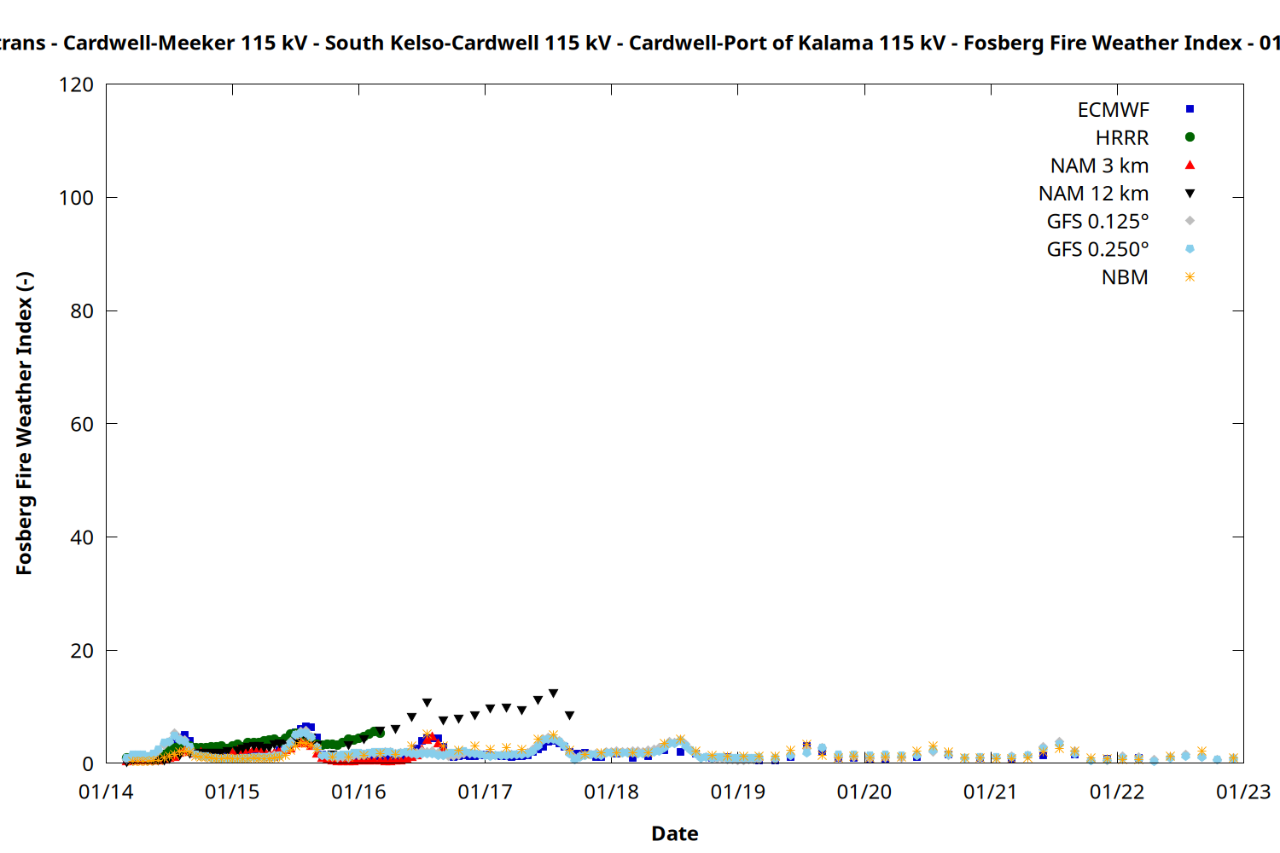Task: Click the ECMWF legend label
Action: tap(1113, 110)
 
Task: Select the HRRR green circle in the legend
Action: tap(1190, 137)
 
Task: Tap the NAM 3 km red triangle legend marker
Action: tap(1190, 165)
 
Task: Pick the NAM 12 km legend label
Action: tap(1093, 194)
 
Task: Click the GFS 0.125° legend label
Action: tap(1097, 222)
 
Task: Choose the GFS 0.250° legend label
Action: tap(1097, 250)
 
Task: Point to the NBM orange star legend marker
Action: tap(1190, 277)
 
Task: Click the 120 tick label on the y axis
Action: tap(76, 85)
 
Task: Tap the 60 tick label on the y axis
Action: tap(82, 424)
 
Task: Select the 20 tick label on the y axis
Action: tap(82, 651)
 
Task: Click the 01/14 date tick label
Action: tap(106, 792)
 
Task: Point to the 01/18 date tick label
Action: tap(611, 792)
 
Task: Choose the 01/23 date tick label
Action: tap(1242, 792)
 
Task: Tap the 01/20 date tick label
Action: tap(864, 792)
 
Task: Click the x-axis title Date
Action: tap(674, 833)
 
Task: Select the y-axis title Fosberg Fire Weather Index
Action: tap(24, 423)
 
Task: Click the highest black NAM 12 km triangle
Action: tap(553, 693)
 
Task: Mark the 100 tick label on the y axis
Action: tap(76, 198)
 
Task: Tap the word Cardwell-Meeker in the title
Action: tap(148, 43)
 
